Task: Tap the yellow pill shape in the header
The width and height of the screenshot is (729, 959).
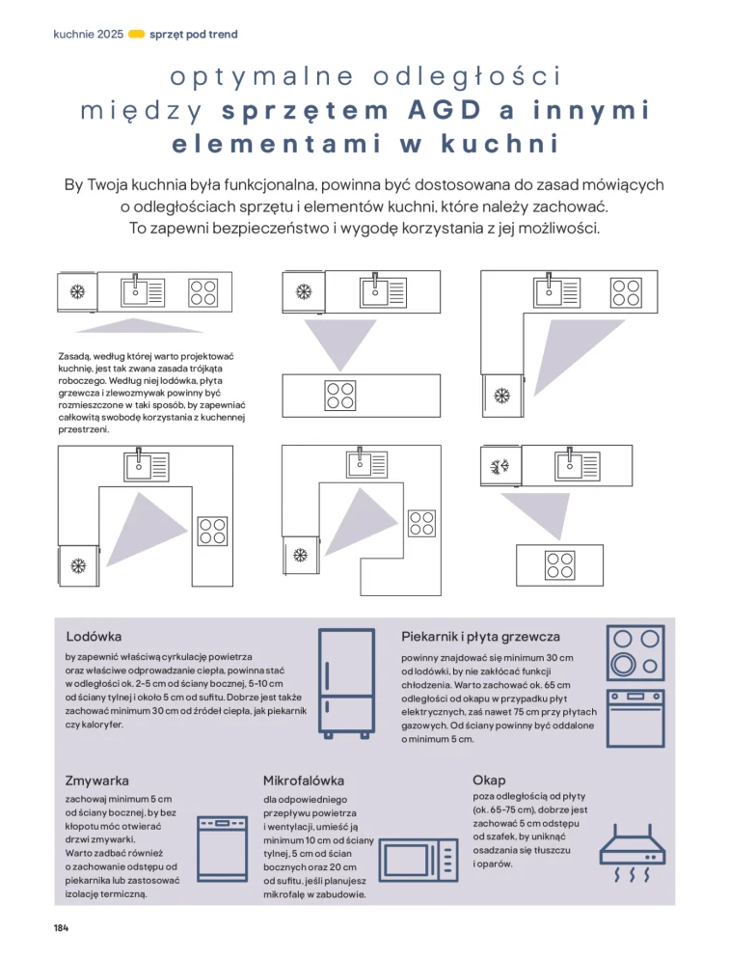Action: point(136,34)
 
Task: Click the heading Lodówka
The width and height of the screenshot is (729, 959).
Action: point(94,637)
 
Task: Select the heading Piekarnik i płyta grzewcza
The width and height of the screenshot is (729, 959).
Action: point(480,637)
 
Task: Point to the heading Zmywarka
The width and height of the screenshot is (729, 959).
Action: point(96,780)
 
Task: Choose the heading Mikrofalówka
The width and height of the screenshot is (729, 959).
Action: point(304,780)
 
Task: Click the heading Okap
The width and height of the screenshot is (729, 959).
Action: point(489,780)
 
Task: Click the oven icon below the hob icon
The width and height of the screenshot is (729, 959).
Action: point(635,719)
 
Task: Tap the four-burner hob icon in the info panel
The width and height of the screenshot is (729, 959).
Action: point(635,653)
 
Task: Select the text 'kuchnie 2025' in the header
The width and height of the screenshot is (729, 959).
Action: point(89,34)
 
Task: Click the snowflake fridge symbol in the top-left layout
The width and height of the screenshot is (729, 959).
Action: point(78,290)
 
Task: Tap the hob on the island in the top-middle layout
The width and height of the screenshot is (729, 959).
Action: point(340,395)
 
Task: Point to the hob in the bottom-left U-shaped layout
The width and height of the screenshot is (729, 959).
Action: point(212,531)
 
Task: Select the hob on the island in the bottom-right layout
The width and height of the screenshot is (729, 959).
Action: point(558,559)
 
